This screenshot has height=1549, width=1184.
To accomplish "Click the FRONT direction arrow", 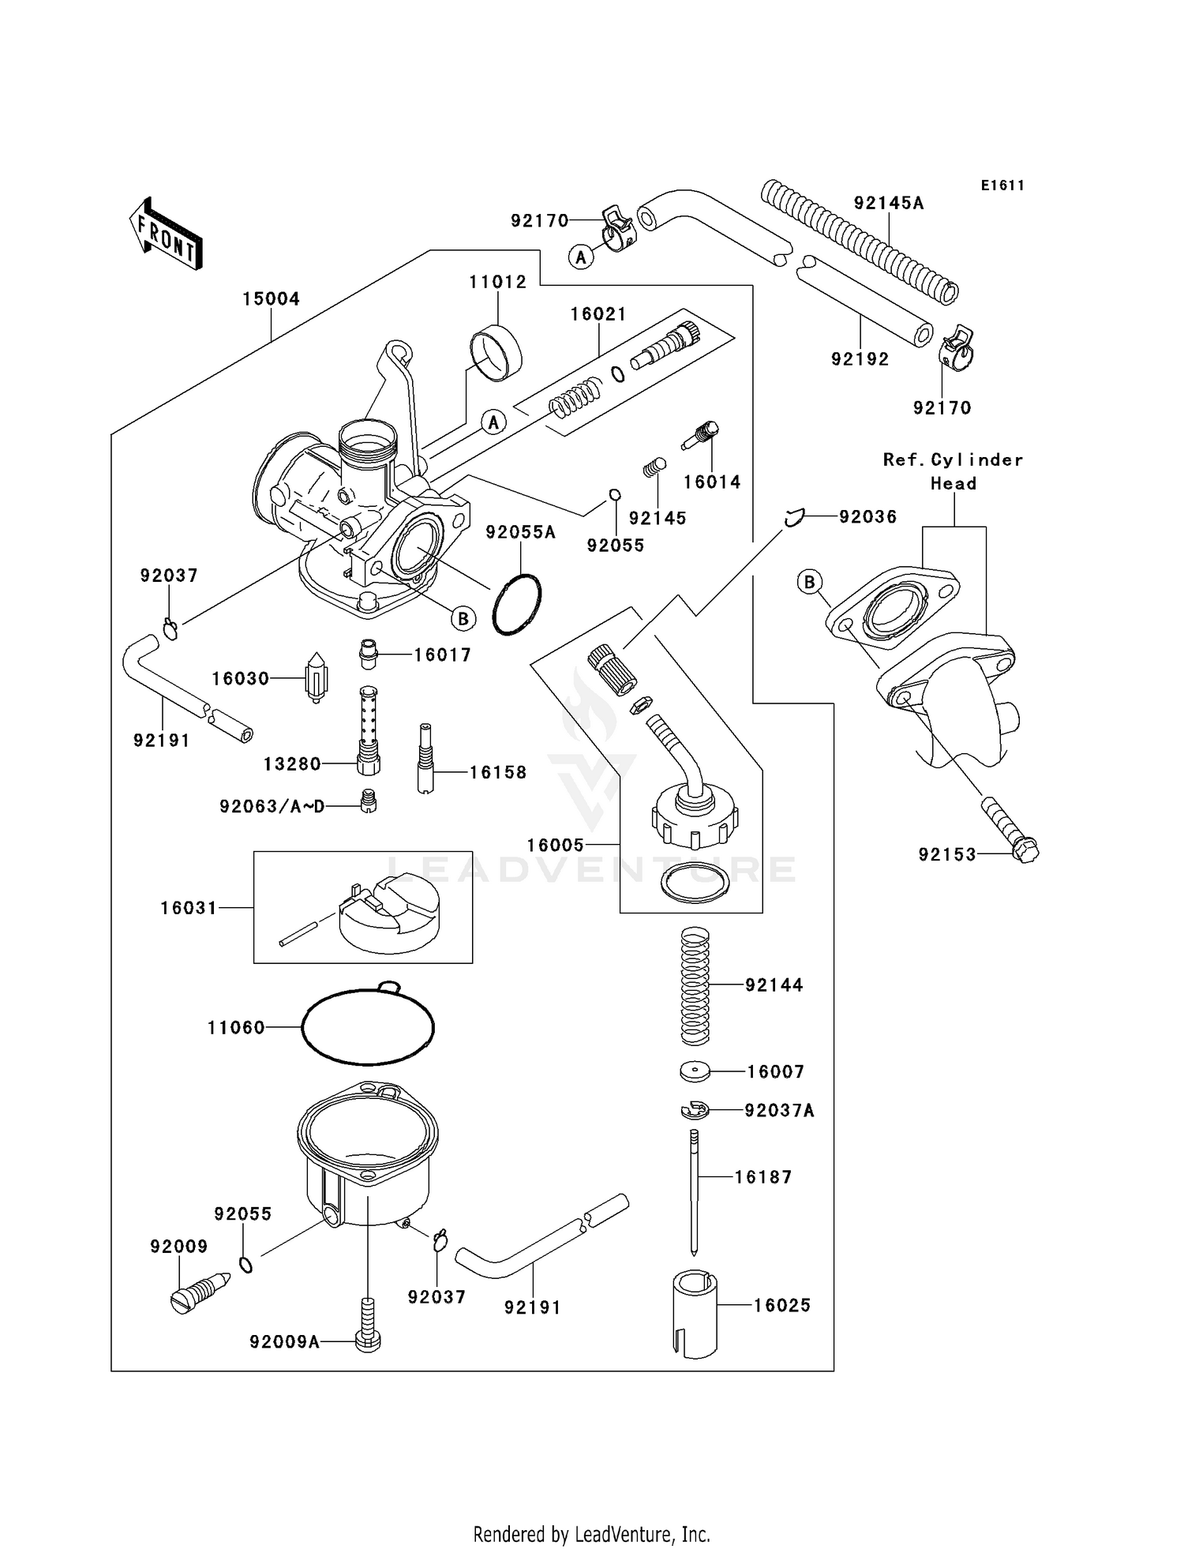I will (166, 234).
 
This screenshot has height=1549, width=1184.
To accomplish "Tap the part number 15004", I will (271, 299).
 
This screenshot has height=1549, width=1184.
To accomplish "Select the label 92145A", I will (888, 203).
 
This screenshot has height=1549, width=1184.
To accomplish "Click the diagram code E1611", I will (1002, 186).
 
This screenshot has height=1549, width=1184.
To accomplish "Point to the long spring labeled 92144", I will (695, 985).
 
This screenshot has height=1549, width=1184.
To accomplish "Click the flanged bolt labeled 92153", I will (1010, 829).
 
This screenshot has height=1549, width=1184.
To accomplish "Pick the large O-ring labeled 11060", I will (368, 1026).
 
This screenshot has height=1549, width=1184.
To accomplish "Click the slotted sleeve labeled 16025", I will (695, 1314).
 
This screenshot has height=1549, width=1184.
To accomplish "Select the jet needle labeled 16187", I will (694, 1192).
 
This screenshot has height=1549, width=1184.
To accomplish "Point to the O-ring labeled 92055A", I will (517, 604).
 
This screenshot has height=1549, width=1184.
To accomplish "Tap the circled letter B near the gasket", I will (808, 583).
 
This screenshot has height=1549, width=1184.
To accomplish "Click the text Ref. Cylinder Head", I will (953, 471).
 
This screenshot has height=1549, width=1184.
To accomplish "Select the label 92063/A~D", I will (272, 806).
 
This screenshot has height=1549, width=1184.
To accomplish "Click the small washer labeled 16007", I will (695, 1071).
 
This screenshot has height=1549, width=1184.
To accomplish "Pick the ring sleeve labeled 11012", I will (496, 353).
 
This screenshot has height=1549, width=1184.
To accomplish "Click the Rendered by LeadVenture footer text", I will (591, 1534).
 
